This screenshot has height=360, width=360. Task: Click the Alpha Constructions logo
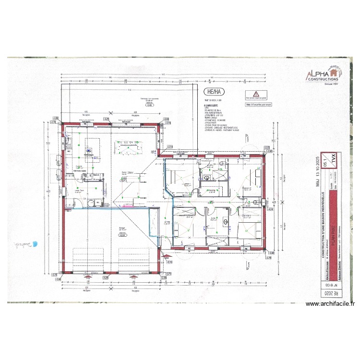(324, 75)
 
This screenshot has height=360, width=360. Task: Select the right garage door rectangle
(134, 260)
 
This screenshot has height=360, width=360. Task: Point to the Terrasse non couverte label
(144, 99)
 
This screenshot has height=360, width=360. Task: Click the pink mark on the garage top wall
(127, 205)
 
